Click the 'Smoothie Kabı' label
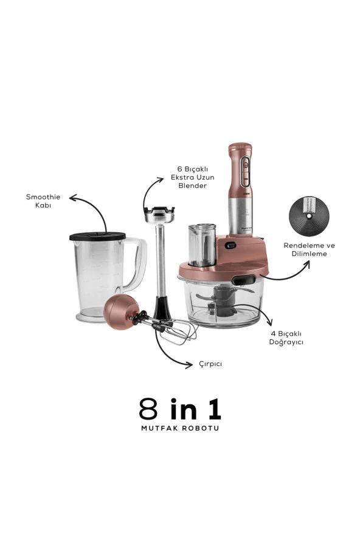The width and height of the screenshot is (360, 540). (43, 201)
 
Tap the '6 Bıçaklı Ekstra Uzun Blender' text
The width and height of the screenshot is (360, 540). (193, 178)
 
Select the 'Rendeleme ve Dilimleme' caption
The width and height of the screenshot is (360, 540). (309, 250)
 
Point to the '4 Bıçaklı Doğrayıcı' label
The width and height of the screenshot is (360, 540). (286, 338)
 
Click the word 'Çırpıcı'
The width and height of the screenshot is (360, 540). (210, 364)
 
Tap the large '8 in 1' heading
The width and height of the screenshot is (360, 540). (180, 409)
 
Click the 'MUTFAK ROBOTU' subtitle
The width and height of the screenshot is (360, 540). (180, 429)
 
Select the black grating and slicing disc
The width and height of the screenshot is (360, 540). (309, 216)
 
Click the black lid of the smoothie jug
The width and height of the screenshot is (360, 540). (97, 236)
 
